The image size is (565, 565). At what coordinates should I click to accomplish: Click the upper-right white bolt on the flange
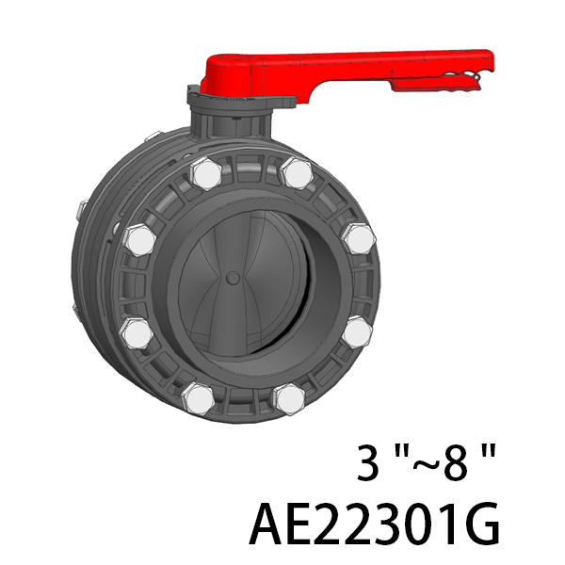297,173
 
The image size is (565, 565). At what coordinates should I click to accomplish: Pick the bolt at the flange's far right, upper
360,238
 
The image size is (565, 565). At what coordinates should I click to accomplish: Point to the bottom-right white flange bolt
290,399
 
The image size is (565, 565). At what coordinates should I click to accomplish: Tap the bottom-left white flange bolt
198,399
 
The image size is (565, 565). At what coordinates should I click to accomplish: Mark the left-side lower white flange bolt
137,333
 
